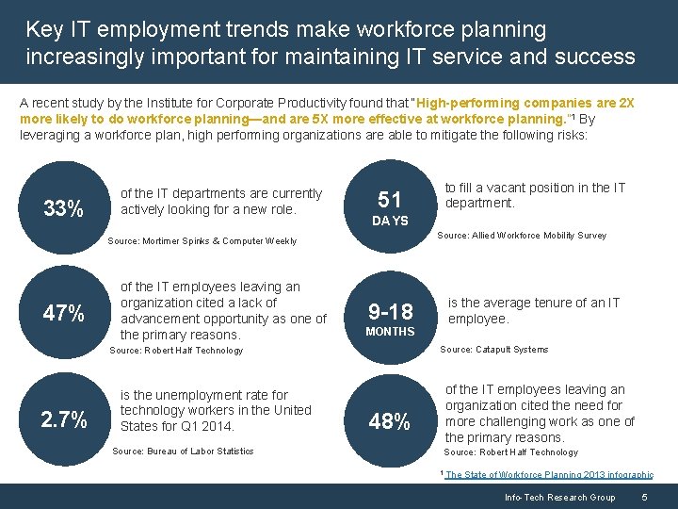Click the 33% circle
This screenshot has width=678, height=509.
click(63, 208)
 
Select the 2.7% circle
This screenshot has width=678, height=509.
click(63, 419)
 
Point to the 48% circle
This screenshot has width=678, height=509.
click(390, 422)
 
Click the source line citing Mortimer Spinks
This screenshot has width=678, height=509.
click(202, 241)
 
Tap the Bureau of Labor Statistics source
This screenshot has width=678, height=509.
click(183, 452)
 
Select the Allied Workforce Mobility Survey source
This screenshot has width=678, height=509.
click(523, 236)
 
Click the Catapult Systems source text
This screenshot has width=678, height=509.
click(493, 350)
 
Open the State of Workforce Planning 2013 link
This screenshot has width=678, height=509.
click(549, 475)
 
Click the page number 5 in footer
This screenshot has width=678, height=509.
click(644, 497)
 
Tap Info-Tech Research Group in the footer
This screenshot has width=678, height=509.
click(559, 497)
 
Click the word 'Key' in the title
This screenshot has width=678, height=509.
click(45, 29)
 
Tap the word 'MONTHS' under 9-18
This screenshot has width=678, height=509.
click(390, 332)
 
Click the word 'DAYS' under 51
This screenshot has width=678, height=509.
click(390, 221)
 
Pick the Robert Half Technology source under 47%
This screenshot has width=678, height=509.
click(177, 351)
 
